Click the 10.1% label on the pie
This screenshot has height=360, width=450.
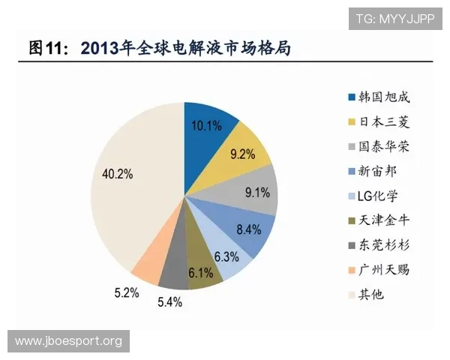tap(206, 126)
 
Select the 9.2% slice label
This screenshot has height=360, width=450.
tap(242, 154)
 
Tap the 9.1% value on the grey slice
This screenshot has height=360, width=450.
tap(257, 192)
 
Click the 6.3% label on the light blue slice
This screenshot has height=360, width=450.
tap(226, 256)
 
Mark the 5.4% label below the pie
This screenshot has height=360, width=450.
tap(169, 302)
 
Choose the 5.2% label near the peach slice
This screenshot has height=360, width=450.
tap(127, 292)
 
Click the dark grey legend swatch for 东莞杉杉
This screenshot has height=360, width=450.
tap(351, 245)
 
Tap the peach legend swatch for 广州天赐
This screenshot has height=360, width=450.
tap(351, 270)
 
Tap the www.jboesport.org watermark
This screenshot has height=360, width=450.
tap(68, 342)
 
